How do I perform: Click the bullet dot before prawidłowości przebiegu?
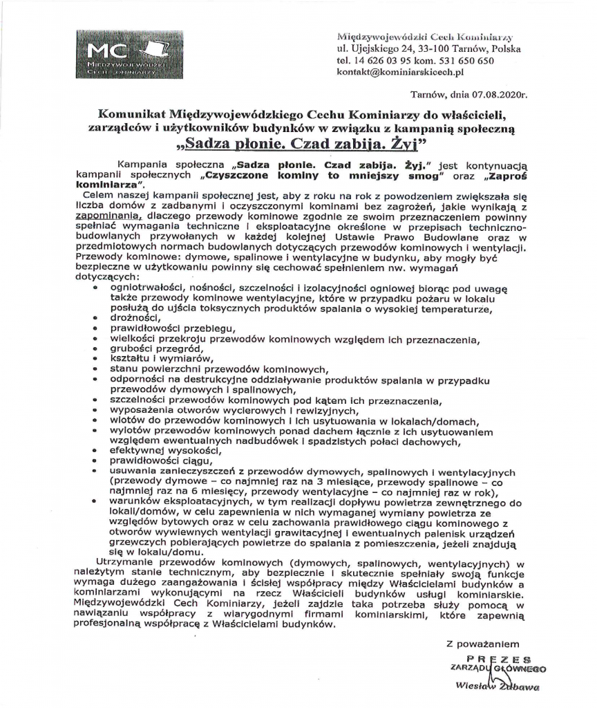coord(95,329)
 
